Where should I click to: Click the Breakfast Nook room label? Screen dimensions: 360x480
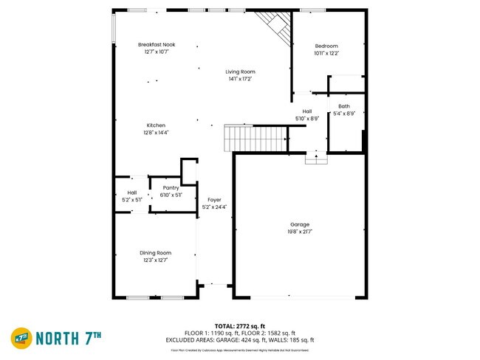click(156, 45)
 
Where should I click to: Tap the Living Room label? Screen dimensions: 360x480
click(241, 72)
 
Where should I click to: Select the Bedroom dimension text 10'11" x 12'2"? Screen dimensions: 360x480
click(326, 53)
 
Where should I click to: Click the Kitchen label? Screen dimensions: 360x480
click(156, 125)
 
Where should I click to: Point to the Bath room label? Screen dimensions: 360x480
click(344, 106)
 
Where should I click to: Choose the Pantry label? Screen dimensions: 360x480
click(171, 188)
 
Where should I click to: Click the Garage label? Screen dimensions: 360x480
click(300, 224)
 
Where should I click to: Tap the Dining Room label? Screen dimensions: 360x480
click(156, 253)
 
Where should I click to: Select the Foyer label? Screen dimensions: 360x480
click(214, 200)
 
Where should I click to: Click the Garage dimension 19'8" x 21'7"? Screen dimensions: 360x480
click(300, 232)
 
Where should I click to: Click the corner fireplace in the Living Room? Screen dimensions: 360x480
click(275, 27)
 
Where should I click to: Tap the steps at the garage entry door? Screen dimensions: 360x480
click(316, 158)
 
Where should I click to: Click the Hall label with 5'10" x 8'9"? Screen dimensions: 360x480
click(306, 111)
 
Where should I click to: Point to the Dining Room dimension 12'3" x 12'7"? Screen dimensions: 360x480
click(156, 260)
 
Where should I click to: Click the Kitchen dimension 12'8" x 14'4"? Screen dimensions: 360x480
click(156, 133)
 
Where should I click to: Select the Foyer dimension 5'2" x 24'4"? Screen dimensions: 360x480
click(214, 207)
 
